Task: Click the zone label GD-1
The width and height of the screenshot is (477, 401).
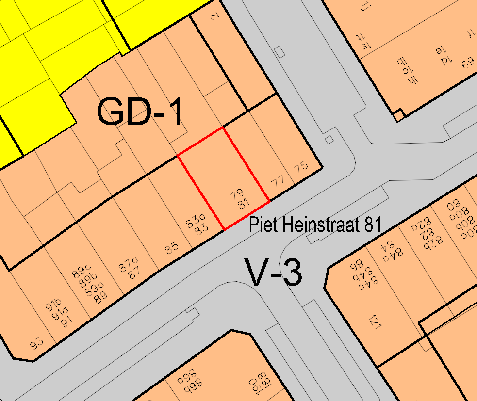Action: click(x=141, y=112)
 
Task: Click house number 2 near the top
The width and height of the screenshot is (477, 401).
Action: click(x=214, y=17)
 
